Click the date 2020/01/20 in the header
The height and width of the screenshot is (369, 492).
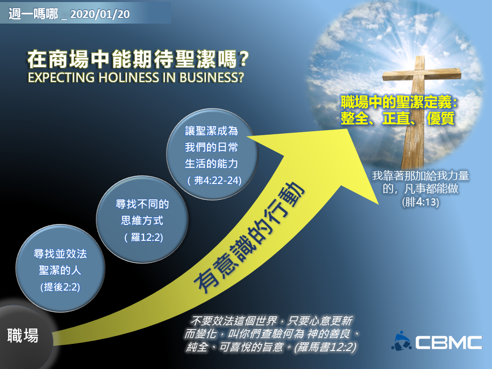point(100,14)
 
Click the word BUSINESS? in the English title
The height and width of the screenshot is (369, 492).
point(212,77)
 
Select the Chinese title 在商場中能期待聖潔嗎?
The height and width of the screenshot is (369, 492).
point(138,59)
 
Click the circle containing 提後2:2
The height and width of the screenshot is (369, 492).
point(60,269)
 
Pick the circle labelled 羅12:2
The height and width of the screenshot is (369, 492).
point(142,219)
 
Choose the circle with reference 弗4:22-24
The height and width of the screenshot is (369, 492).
point(212,154)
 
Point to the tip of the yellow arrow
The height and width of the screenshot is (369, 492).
point(349,129)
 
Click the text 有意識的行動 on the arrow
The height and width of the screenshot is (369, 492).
point(249,237)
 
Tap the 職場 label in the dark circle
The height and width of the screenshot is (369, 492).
point(23,335)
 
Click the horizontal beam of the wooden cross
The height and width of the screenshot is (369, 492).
point(422,75)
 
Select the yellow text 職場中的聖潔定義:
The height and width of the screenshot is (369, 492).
point(399,102)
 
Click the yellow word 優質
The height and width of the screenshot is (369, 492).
point(440,118)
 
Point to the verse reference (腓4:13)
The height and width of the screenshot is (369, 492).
point(420,202)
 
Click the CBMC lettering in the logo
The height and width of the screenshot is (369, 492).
point(449,343)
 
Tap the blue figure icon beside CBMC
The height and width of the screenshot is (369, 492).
point(401,341)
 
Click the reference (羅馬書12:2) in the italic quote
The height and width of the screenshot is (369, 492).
point(325,347)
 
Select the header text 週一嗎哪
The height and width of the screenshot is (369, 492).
point(33,14)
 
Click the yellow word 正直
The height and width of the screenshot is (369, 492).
point(396,118)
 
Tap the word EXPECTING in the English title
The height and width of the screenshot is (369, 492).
point(61,77)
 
